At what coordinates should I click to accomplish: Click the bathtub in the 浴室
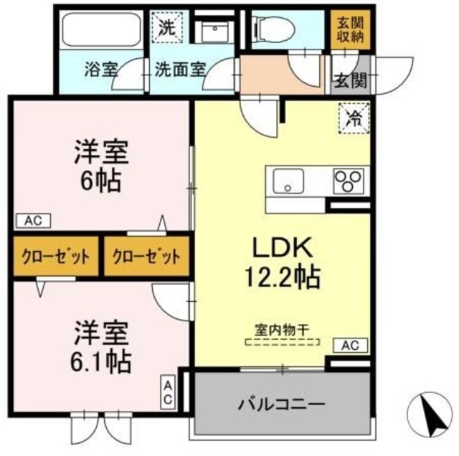[x=100, y=30]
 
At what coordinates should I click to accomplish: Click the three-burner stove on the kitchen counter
[x=349, y=181]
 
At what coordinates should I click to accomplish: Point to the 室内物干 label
[x=283, y=331]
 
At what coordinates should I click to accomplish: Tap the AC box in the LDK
[x=349, y=346]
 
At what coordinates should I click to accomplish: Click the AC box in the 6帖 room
[x=33, y=221]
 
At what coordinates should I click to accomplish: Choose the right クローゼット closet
[x=146, y=256]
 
